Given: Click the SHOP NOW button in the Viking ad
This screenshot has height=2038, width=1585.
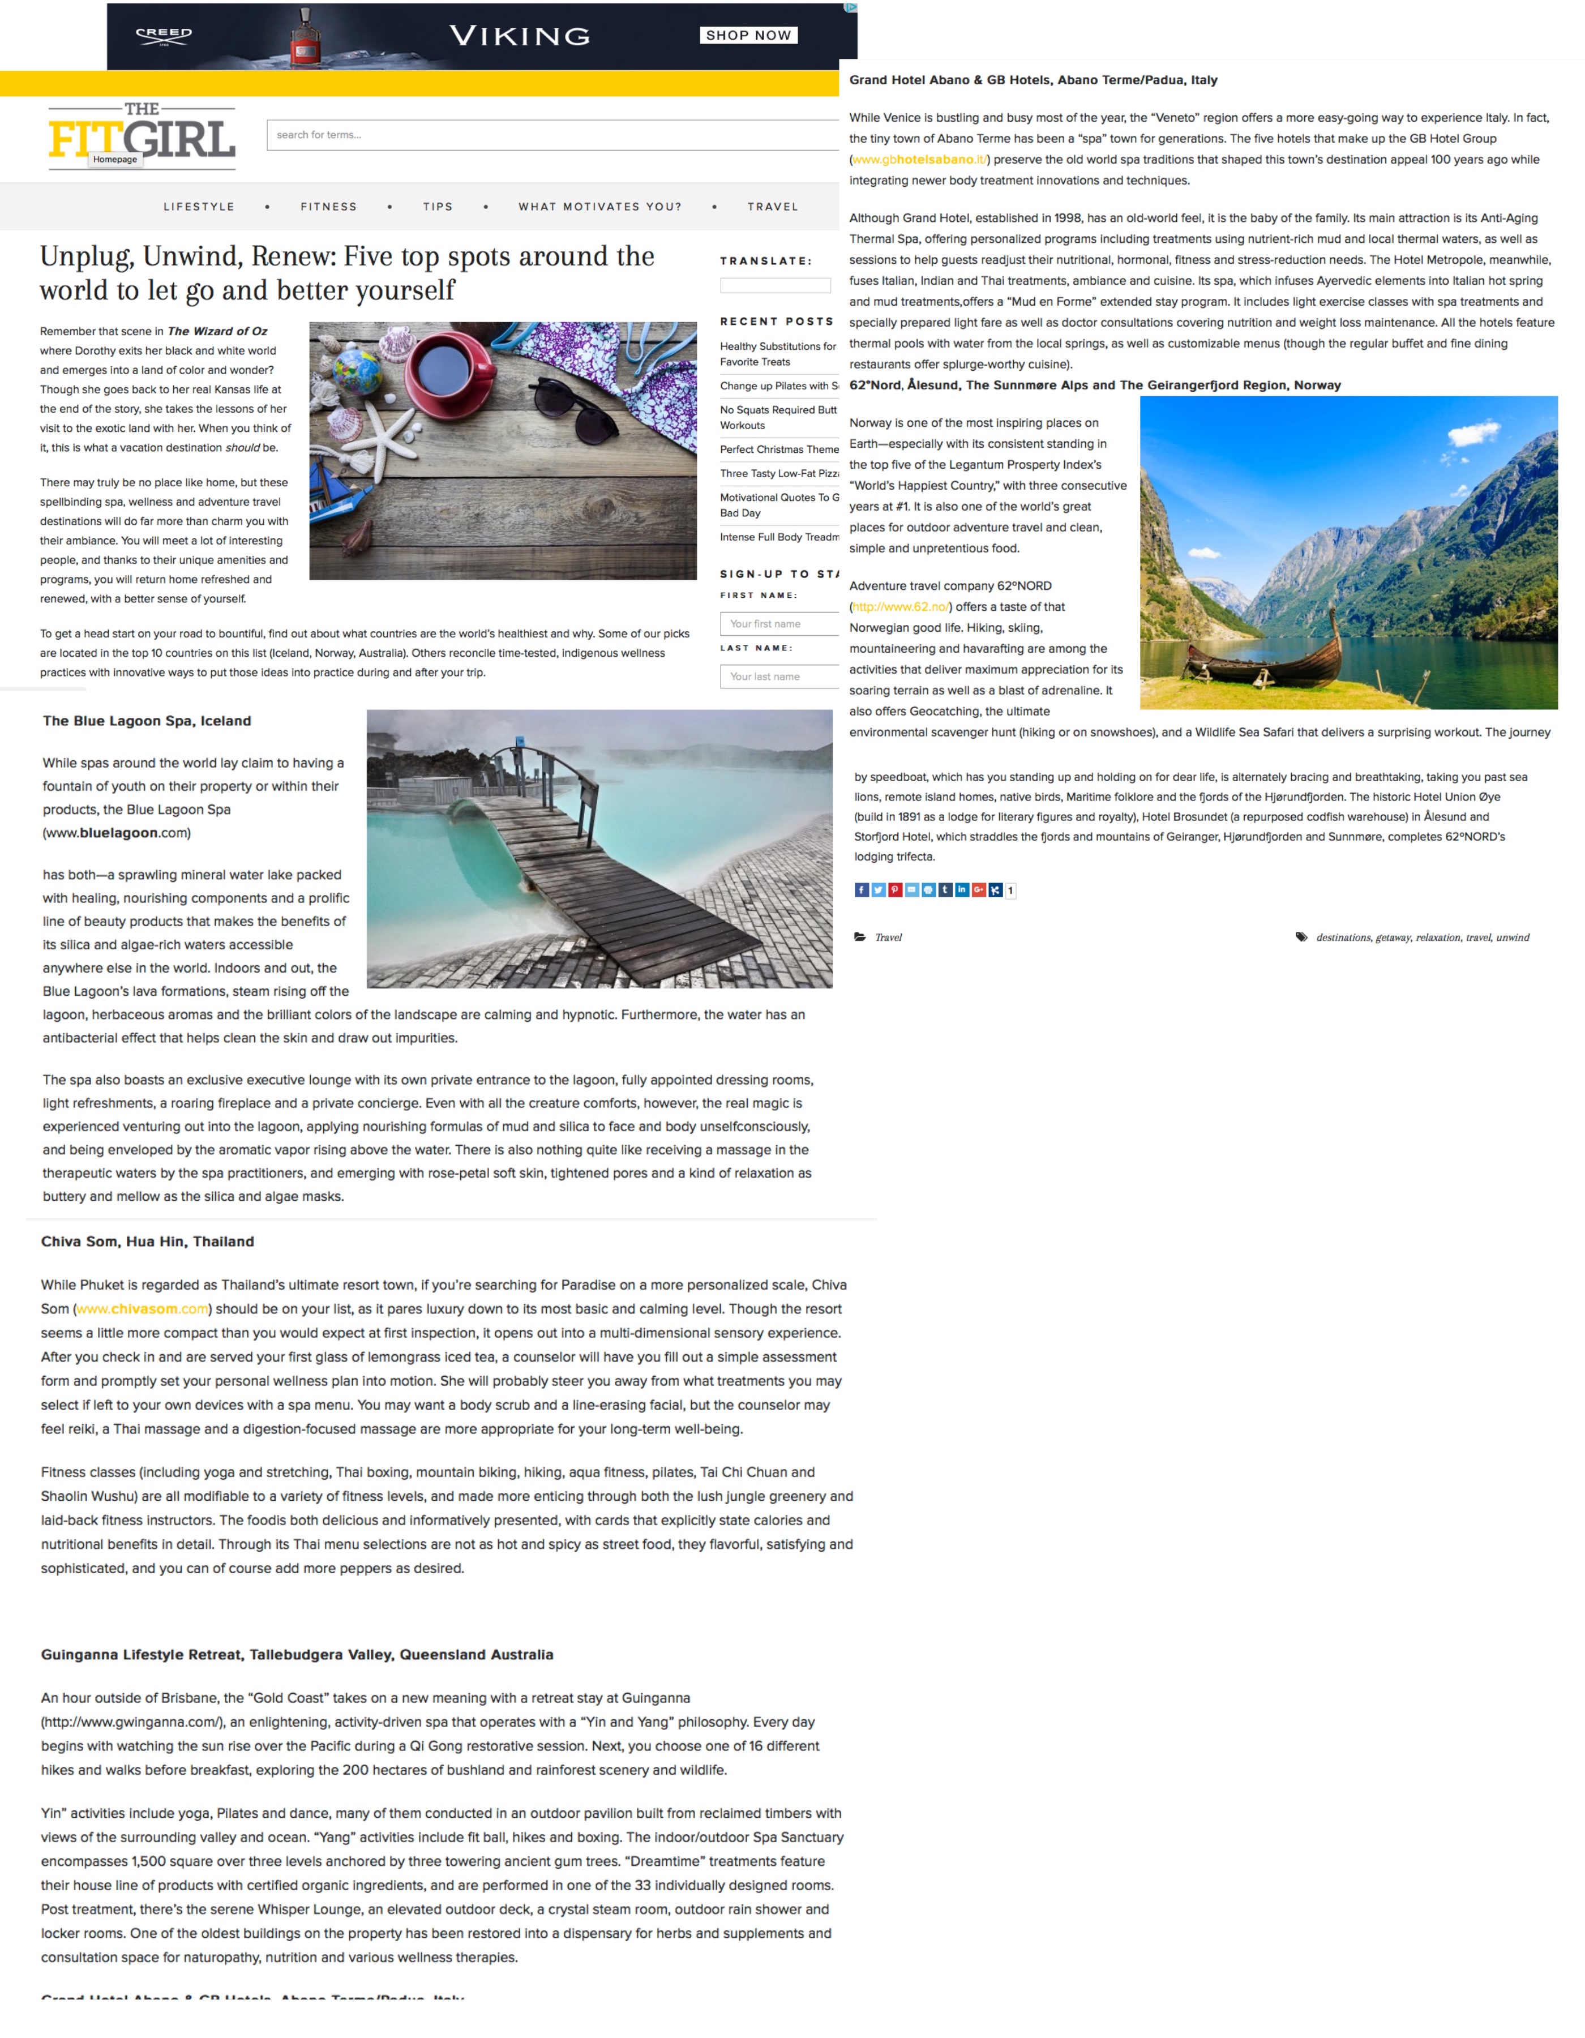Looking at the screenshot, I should (748, 36).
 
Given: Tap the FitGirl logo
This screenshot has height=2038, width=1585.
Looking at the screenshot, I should (142, 136).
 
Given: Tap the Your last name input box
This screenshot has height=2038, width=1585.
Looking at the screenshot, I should (779, 677).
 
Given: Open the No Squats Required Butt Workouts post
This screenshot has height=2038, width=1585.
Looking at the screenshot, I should (778, 417).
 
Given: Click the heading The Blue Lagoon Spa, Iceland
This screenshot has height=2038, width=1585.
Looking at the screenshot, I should (147, 721).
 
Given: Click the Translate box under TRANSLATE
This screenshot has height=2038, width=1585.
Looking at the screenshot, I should (774, 285).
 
